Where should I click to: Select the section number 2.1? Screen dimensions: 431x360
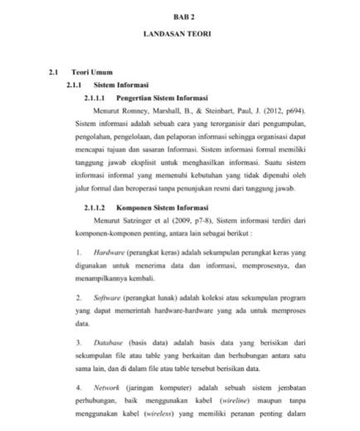coord(55,72)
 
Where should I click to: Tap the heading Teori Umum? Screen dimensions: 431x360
coord(92,72)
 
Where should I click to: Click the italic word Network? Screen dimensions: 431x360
coord(106,385)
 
